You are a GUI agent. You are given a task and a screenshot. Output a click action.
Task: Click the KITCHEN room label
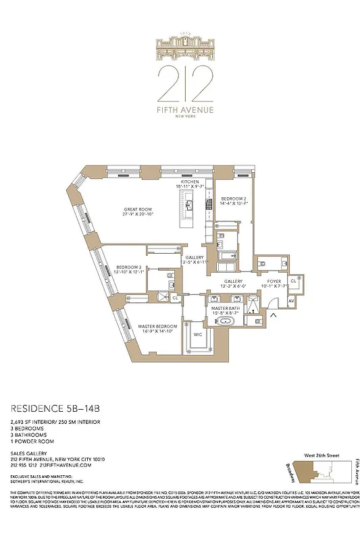click(x=189, y=182)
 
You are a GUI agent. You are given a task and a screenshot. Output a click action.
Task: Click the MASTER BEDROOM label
click(x=157, y=327)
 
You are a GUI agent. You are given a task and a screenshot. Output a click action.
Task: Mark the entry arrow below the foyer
click(x=274, y=315)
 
